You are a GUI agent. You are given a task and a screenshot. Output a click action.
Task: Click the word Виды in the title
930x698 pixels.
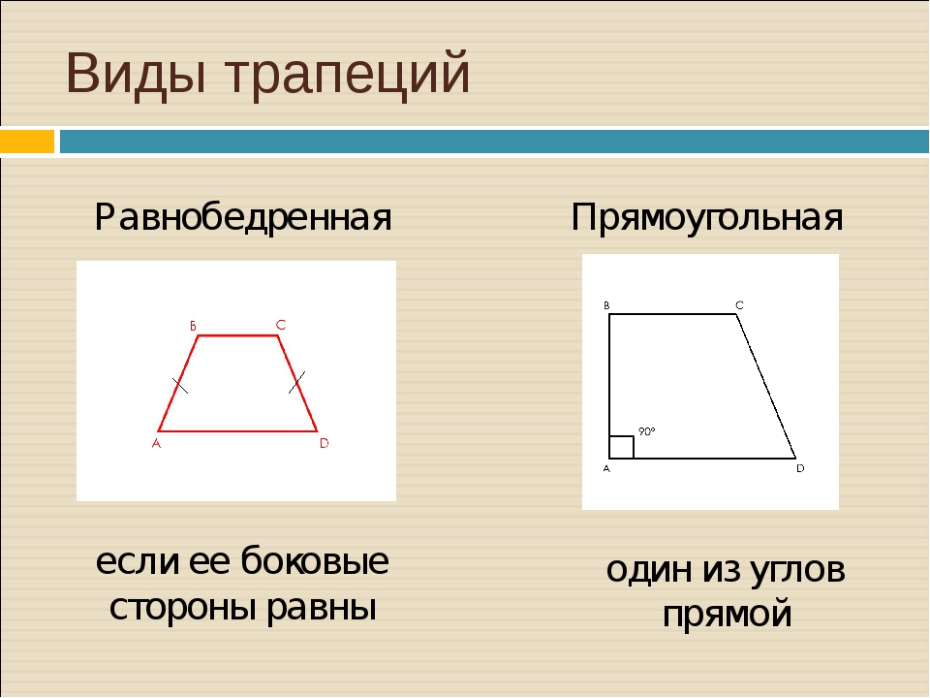click(x=137, y=74)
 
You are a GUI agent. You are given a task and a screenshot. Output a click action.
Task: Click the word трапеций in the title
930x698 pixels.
click(x=348, y=75)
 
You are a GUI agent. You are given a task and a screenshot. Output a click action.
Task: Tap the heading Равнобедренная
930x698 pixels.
click(x=243, y=218)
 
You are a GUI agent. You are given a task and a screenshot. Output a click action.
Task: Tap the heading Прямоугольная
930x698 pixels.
click(x=707, y=218)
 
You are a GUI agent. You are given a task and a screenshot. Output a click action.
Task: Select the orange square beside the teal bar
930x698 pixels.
click(x=27, y=142)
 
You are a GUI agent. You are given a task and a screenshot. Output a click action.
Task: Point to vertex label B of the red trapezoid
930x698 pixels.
click(x=194, y=326)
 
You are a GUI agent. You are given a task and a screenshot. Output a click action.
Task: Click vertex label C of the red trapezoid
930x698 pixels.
click(x=281, y=326)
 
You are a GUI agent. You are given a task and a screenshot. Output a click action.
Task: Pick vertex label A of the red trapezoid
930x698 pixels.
click(x=157, y=443)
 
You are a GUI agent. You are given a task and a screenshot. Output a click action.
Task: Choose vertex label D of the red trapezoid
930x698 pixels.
click(x=324, y=443)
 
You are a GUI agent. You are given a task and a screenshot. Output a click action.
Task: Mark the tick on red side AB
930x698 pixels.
click(x=180, y=386)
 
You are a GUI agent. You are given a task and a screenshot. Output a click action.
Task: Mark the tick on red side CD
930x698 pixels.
click(x=296, y=382)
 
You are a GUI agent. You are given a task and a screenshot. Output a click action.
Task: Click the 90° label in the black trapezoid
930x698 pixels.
click(x=646, y=431)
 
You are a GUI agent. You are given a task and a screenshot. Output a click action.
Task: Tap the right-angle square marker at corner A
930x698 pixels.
click(x=622, y=448)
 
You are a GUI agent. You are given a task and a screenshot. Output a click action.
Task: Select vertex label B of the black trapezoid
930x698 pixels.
click(x=606, y=305)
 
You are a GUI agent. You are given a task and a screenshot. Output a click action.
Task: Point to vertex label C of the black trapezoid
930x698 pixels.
click(x=739, y=305)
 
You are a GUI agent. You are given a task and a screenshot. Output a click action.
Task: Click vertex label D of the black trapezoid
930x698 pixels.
click(x=800, y=468)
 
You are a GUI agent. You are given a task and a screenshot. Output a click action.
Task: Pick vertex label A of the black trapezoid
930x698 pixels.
click(x=606, y=469)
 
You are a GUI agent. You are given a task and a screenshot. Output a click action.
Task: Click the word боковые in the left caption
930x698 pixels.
click(x=315, y=560)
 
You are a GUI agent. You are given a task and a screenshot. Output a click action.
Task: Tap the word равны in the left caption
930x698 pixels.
click(x=322, y=609)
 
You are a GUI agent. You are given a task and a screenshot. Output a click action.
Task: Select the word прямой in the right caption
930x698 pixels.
click(x=728, y=613)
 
